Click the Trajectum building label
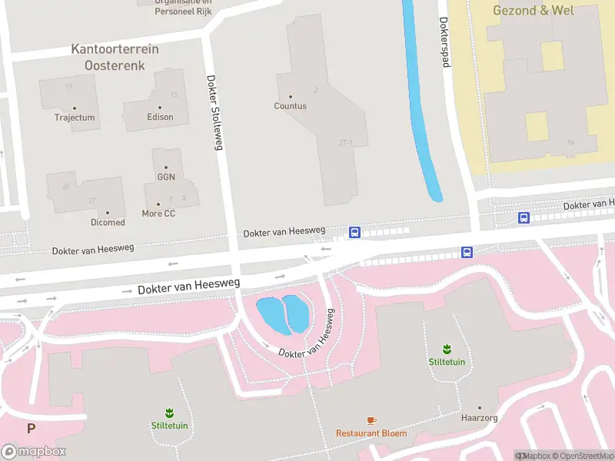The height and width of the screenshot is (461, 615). [x=75, y=118]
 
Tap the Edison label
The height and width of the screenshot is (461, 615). [x=160, y=117]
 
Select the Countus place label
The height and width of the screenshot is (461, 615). [x=290, y=106]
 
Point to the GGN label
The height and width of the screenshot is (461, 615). [x=166, y=177]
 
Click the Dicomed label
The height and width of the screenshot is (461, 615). [x=108, y=222]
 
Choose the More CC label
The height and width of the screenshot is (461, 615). [x=158, y=213]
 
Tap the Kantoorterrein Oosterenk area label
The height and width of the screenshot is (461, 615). [x=115, y=58]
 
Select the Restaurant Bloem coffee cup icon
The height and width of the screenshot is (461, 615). [x=371, y=420]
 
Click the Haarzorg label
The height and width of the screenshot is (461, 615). [x=480, y=418]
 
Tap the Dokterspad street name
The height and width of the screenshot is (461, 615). [x=444, y=42]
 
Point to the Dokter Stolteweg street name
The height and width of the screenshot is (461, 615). [x=214, y=111]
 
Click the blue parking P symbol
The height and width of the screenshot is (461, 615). [x=32, y=429]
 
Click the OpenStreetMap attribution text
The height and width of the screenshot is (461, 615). [x=583, y=456]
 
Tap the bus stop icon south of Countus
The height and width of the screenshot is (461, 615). [x=355, y=232]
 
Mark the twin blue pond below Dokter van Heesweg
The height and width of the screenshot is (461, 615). [x=284, y=314]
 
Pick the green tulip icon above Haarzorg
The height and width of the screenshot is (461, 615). [x=446, y=349]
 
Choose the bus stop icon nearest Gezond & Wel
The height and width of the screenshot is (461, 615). [x=524, y=218]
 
